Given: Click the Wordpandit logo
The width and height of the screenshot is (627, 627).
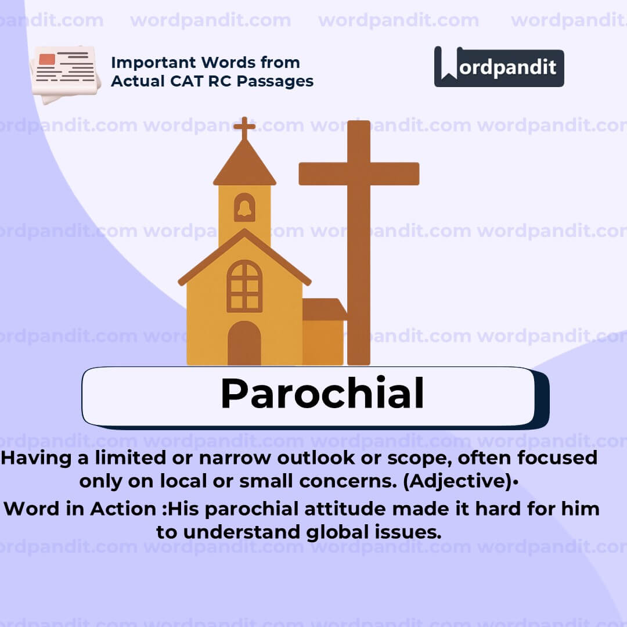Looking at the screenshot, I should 499,67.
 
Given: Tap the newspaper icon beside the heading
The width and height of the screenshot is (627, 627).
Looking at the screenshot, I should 64,72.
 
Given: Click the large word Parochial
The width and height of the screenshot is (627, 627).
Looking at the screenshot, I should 322,394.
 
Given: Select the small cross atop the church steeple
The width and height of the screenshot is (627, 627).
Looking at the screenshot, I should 244,127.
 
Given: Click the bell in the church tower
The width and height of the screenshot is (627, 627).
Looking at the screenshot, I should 244,208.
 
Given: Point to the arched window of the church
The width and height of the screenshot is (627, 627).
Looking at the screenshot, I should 244,286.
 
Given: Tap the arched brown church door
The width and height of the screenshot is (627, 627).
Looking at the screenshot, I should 244,343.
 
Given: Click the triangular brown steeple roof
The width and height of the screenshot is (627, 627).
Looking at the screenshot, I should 244,164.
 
